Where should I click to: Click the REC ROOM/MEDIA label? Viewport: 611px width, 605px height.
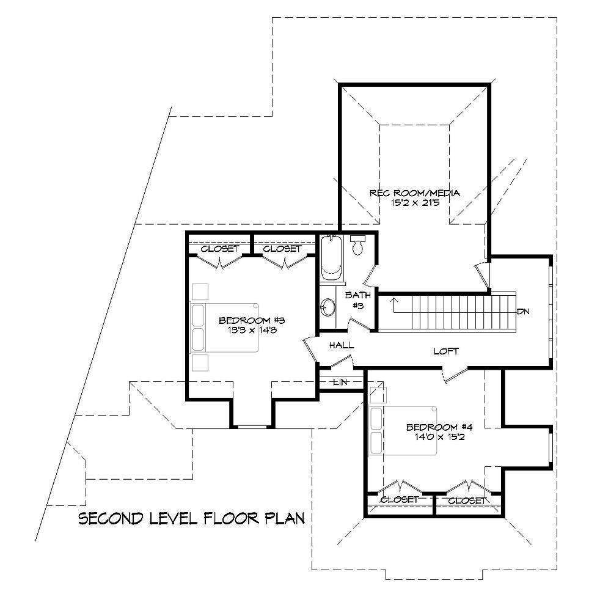tap(414, 193)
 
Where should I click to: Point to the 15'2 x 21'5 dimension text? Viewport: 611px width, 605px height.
tap(414, 204)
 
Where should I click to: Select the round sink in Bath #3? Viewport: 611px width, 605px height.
tap(328, 307)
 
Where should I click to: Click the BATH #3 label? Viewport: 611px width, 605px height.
tap(357, 300)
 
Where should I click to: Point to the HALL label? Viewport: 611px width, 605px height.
tap(341, 345)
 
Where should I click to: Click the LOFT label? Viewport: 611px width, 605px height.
tap(445, 351)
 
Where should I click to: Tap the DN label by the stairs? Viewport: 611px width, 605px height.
tap(522, 312)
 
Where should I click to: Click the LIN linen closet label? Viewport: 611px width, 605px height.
tap(340, 382)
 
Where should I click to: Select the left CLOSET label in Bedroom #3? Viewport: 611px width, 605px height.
tap(219, 249)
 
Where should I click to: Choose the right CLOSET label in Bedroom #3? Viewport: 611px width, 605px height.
tap(282, 249)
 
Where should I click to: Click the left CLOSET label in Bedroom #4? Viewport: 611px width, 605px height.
tap(399, 500)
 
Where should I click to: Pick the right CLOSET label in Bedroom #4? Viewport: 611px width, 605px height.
tap(467, 501)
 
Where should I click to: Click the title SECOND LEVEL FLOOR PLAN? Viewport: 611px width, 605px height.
tap(192, 519)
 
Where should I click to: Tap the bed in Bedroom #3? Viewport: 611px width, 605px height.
tap(225, 327)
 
